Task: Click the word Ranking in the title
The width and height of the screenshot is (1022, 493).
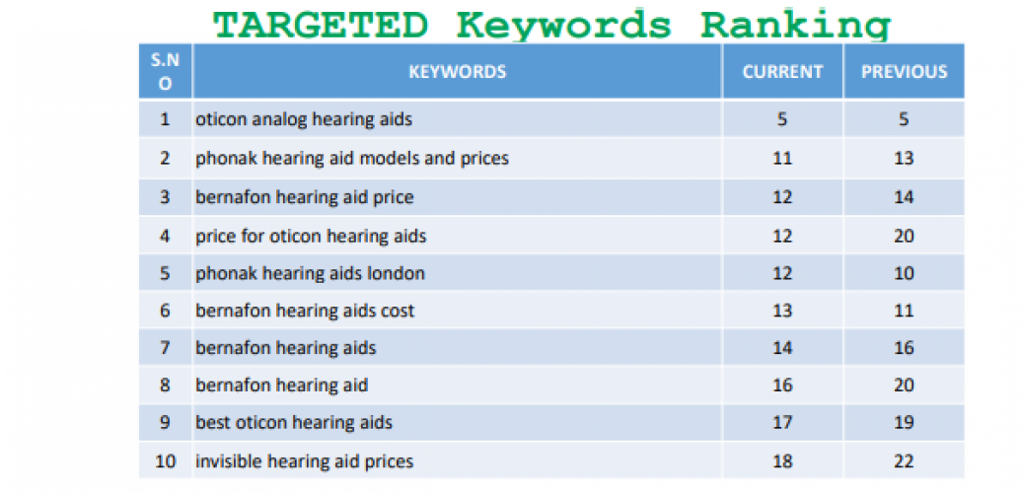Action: (796, 24)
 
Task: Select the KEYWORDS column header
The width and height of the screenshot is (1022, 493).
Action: (457, 72)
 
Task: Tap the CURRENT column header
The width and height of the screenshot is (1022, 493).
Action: (782, 72)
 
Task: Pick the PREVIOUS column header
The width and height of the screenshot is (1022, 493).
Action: (904, 72)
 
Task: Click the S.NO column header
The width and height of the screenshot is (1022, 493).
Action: (165, 72)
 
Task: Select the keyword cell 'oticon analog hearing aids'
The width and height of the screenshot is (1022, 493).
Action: (304, 119)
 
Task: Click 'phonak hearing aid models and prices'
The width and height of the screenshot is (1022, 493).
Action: (352, 158)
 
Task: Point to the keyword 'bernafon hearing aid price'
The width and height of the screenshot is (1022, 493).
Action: (304, 197)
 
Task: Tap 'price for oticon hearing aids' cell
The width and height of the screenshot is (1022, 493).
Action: (311, 236)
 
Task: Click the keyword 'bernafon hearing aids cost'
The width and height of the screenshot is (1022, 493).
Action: (305, 311)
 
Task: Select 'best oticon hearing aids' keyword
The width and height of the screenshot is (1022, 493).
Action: (293, 423)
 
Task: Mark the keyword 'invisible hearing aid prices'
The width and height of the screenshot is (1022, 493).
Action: (304, 461)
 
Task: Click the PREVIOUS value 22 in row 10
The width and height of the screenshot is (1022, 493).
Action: (904, 461)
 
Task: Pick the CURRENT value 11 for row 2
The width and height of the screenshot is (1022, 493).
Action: (782, 158)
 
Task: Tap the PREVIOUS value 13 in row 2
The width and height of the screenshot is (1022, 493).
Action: (904, 158)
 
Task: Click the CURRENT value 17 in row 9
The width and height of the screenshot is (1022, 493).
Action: (782, 423)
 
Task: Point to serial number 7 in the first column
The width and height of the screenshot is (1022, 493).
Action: (165, 348)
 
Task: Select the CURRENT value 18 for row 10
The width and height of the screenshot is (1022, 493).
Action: (782, 461)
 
